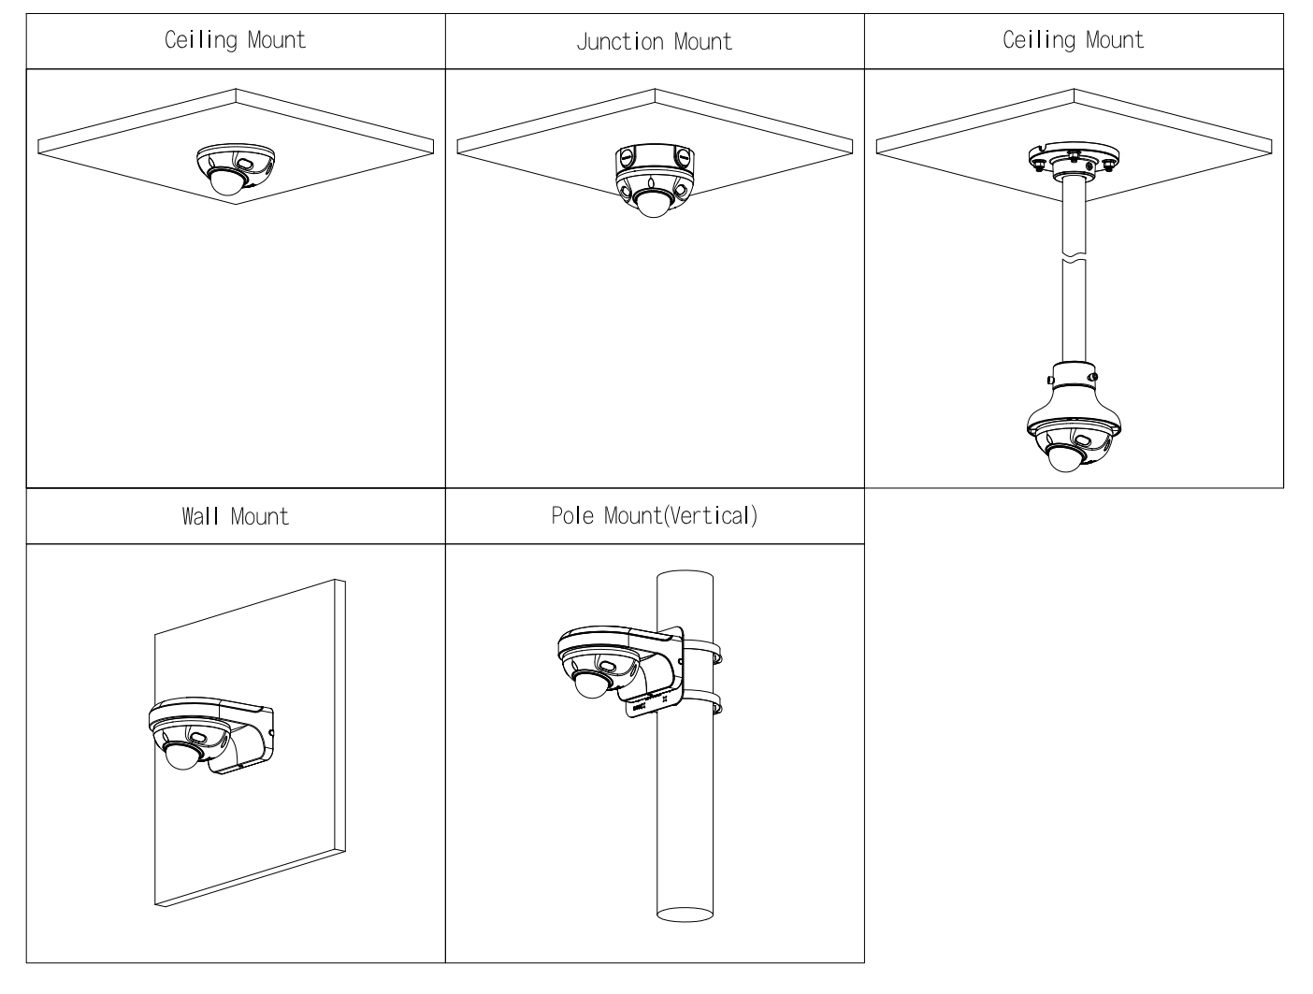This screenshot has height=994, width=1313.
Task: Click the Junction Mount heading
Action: click(x=654, y=42)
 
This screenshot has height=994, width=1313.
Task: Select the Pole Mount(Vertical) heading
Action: click(x=654, y=515)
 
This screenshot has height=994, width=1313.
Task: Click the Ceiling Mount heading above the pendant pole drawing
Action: click(x=1073, y=40)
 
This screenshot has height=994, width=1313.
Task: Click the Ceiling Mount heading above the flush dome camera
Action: click(x=235, y=40)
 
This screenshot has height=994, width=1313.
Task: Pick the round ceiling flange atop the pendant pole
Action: click(x=1073, y=159)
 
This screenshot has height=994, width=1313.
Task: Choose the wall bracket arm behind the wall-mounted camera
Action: click(x=242, y=743)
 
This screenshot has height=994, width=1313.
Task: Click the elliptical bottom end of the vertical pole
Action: click(x=685, y=913)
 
